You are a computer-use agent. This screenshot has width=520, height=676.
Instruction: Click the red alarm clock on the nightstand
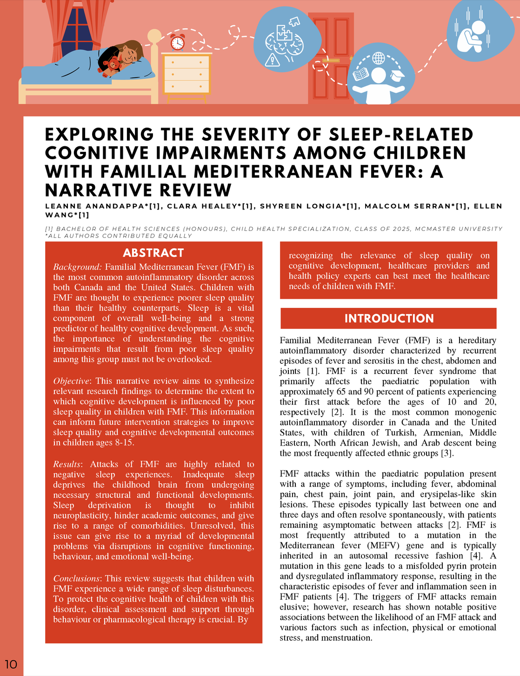(177, 42)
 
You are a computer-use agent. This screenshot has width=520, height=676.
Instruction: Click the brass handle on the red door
(331, 61)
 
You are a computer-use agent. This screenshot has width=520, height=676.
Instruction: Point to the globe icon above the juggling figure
(379, 59)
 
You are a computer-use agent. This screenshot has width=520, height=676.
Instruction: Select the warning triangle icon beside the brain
(272, 59)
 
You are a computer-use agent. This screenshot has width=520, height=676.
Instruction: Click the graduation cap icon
(398, 75)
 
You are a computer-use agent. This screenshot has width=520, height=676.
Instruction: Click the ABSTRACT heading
(153, 253)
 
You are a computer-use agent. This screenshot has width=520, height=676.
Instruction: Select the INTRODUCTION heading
(389, 318)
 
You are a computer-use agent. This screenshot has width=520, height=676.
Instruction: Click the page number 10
(11, 664)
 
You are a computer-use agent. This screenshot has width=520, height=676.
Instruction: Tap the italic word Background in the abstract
(77, 267)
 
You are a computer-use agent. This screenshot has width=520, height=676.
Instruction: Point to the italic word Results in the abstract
(67, 464)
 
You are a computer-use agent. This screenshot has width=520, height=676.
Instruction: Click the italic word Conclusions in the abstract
(76, 578)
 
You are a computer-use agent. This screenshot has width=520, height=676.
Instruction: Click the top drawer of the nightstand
(187, 62)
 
